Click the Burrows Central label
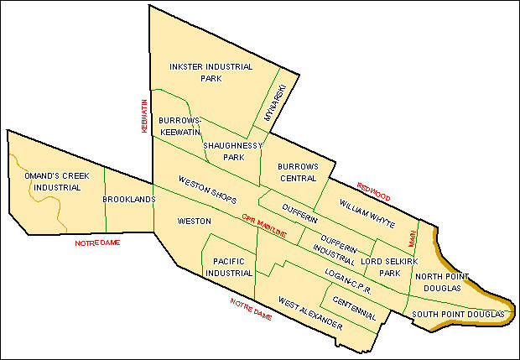[299, 172]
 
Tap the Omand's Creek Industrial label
[53, 180]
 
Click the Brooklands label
[128, 200]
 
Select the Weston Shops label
[207, 191]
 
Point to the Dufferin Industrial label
[341, 243]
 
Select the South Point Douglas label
[459, 314]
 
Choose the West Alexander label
[311, 313]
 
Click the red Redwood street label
[374, 190]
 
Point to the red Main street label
[412, 239]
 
